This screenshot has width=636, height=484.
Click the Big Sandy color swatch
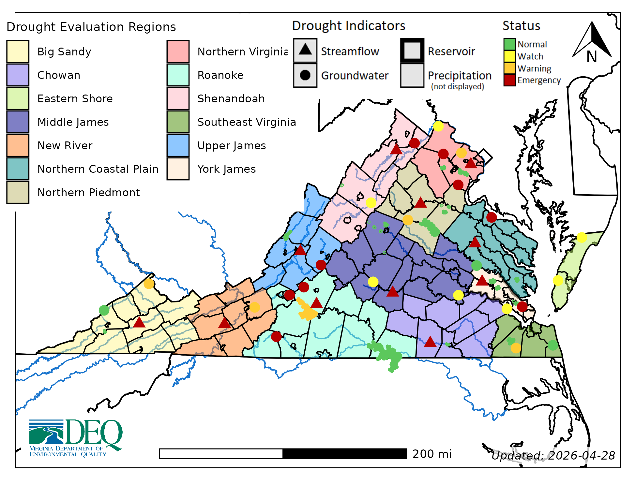coord(18,51)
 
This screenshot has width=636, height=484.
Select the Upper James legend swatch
coord(178,145)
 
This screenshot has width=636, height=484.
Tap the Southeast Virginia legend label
coord(247,122)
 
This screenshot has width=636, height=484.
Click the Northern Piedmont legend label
coord(88,193)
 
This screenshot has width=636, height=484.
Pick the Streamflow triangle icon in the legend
coord(305,50)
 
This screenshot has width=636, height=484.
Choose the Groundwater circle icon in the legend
coord(305,75)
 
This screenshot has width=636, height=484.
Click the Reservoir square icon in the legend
coord(412,51)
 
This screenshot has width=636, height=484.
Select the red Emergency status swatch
coord(509,80)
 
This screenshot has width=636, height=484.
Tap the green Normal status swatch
coord(509,44)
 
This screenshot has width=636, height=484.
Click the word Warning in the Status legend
coord(534,68)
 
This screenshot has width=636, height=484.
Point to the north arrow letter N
coord(592,57)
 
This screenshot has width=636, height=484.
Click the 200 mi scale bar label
coord(432,454)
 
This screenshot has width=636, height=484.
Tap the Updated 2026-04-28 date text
coord(553,455)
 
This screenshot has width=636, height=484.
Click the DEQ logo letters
coord(95,432)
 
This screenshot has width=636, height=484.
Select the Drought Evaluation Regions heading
coord(91,27)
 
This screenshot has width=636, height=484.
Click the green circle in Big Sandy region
coord(104,310)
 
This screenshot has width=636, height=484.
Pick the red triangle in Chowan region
coord(430,342)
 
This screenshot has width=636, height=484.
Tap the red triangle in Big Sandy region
coord(139,323)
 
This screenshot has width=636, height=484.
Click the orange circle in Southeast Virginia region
coord(516,348)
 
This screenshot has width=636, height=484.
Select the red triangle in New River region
coord(224,323)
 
